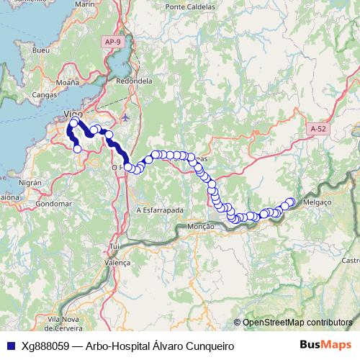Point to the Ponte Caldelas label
coord(191,6)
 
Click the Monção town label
coord(201,227)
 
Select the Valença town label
coord(117,264)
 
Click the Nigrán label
coord(30,183)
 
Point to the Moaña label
coord(67,83)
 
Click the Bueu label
coord(41,51)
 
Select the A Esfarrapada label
coord(159,210)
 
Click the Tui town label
coord(114,247)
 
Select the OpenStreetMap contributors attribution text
coord(297,323)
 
